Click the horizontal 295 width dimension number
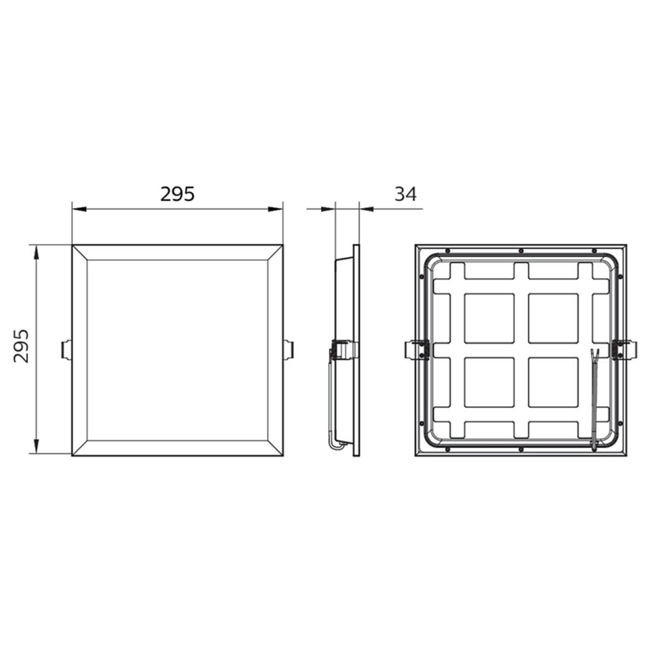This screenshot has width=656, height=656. (177, 194)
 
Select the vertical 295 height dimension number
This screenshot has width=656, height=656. (21, 346)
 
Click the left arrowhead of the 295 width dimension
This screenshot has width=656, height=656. (79, 209)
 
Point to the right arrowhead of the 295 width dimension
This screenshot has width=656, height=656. (276, 209)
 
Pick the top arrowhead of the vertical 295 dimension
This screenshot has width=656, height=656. (37, 252)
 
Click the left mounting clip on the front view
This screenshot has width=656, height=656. (66, 349)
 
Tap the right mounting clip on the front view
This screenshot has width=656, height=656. (288, 349)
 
